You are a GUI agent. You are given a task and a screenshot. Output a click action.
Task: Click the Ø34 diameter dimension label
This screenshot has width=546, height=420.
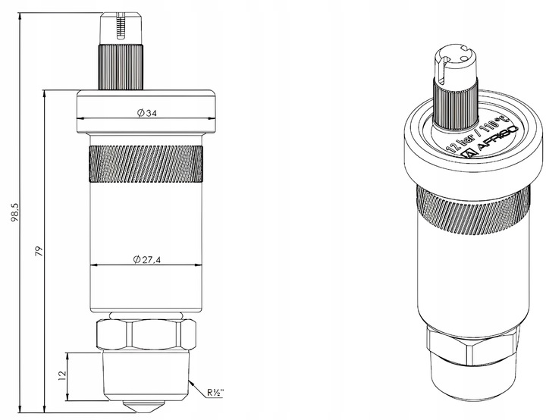coord(147,113)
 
